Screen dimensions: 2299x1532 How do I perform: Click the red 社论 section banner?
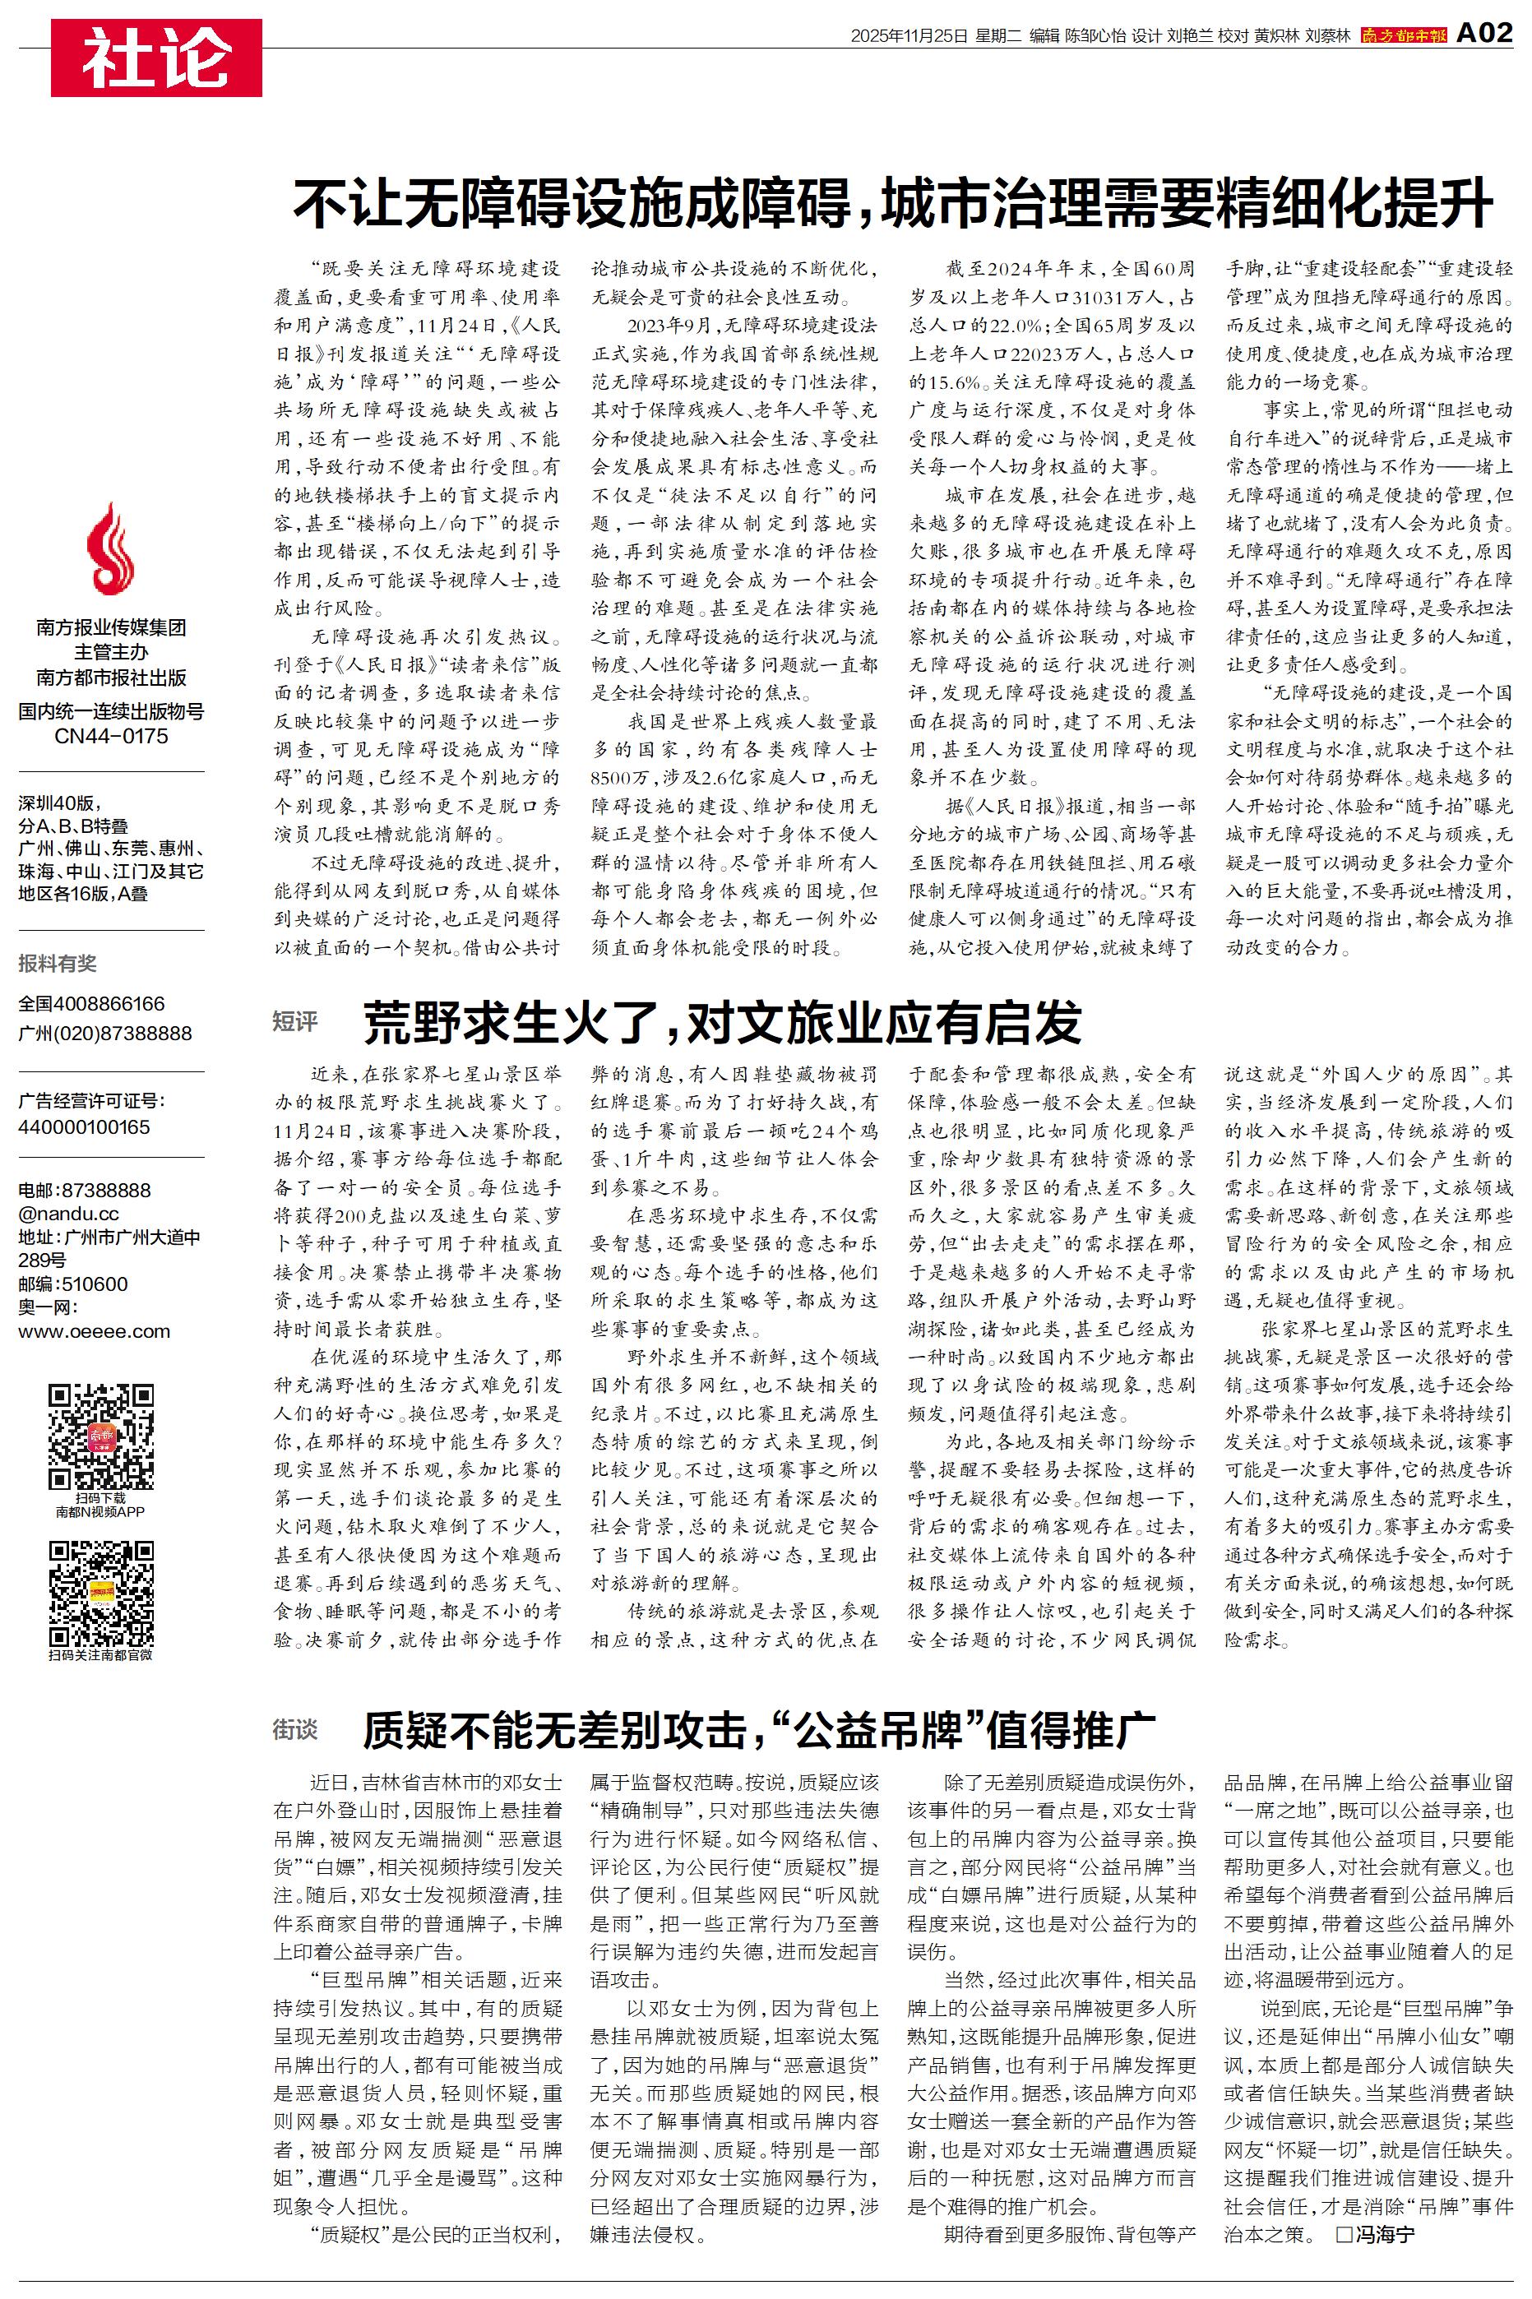[x=156, y=58]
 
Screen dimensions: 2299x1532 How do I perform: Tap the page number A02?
[x=1484, y=35]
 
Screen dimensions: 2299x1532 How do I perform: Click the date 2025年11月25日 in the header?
[x=908, y=36]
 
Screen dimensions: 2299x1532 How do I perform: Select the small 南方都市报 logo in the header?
[x=1403, y=36]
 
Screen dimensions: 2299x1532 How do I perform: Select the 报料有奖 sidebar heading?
[x=58, y=963]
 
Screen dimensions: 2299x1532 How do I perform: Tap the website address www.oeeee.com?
[x=94, y=1331]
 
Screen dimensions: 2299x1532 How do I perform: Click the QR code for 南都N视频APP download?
[x=100, y=1435]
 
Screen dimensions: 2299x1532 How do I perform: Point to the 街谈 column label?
[x=295, y=1730]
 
